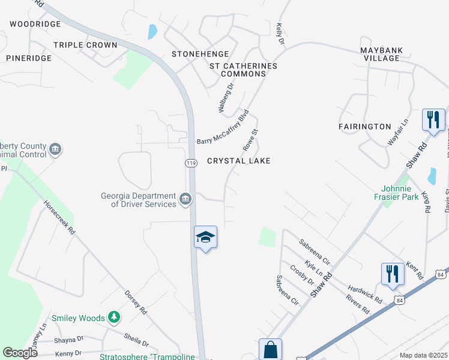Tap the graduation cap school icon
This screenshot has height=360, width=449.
tap(205, 237)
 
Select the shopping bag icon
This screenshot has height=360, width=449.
tap(270, 350)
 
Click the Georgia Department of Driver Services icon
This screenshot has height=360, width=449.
tap(185, 198)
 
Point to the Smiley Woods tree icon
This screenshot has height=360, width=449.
tap(113, 317)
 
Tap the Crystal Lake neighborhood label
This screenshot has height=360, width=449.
tap(238, 161)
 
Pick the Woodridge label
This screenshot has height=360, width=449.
tap(35, 24)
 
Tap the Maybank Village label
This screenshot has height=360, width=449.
tap(381, 54)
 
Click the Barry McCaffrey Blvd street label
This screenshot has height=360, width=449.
tap(223, 127)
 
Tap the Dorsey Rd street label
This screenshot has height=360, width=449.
tap(135, 303)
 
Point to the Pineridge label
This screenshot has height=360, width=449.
tap(29, 58)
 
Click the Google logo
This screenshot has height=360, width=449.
tap(19, 353)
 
